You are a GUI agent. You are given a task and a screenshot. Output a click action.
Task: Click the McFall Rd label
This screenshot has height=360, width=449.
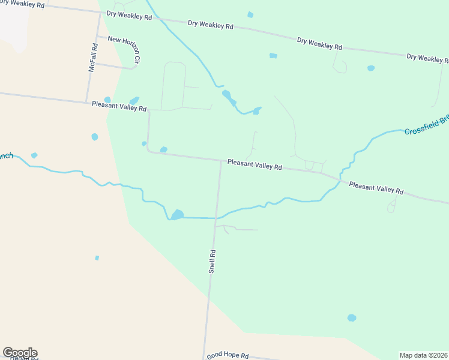click(92, 58)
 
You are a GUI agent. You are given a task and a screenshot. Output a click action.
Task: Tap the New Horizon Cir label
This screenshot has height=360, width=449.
click(124, 50)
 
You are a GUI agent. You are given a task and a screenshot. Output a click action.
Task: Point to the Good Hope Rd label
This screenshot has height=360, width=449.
click(228, 355)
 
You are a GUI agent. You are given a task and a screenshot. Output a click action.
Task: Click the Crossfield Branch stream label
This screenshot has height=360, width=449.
click(426, 124)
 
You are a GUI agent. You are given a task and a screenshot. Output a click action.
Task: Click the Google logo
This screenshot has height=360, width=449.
click(20, 353)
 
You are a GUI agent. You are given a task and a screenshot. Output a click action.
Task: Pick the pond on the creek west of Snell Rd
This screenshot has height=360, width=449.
click(177, 215)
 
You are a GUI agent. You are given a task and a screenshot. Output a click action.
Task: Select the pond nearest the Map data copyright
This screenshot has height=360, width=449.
click(352, 317)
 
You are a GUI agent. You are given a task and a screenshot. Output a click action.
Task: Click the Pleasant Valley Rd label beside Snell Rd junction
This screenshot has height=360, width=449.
click(255, 164)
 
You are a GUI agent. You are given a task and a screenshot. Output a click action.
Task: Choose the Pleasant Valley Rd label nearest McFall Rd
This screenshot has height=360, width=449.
click(119, 106)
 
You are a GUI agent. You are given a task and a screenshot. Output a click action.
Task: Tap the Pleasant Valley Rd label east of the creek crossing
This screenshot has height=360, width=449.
click(376, 188)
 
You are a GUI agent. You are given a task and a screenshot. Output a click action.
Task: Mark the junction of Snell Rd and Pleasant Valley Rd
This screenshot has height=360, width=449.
click(220, 160)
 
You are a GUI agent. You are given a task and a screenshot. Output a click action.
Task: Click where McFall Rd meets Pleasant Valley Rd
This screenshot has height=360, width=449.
click(87, 101)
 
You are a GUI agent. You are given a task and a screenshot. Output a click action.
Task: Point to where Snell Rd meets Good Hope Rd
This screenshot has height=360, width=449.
click(205, 354)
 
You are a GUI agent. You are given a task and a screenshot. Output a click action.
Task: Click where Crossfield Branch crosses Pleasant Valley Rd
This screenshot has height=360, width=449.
click(340, 179)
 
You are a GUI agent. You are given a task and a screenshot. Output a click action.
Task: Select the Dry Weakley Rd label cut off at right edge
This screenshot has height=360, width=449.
click(427, 58)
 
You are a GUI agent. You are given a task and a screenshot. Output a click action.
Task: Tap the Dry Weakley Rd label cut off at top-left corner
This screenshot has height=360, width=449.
click(23, 4)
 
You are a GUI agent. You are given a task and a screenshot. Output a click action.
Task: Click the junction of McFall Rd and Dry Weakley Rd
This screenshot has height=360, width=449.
click(100, 11)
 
